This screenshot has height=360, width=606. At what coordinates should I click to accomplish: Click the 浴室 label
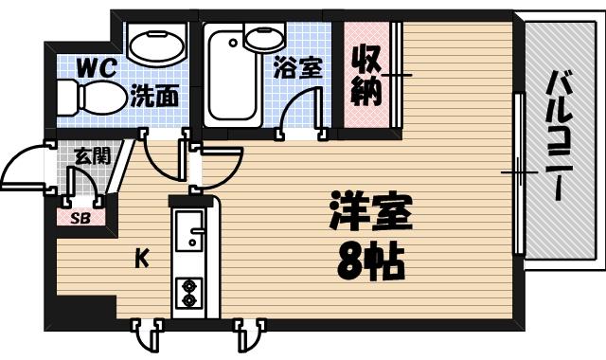tap(297, 68)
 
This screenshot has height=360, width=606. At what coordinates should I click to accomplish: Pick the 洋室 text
tap(370, 215)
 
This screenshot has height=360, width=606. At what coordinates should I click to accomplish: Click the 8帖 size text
tap(370, 261)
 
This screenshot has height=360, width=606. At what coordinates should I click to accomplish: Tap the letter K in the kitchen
tap(140, 256)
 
